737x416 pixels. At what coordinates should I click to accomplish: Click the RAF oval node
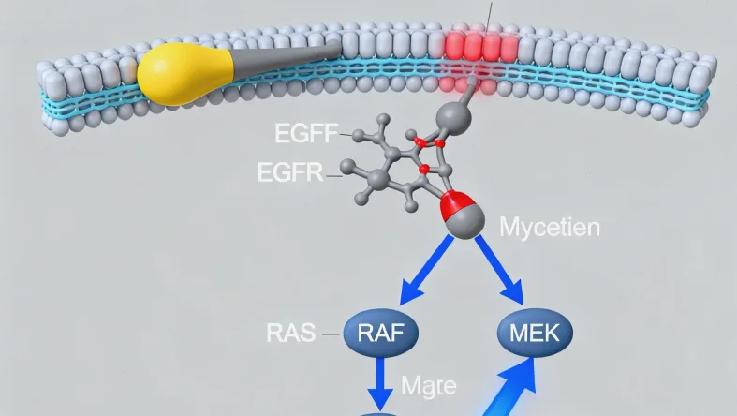[x=380, y=333]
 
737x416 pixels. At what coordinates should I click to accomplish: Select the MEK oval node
[x=534, y=333]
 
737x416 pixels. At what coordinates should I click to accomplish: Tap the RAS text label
[x=290, y=333]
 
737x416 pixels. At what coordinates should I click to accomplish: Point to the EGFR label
[x=289, y=172]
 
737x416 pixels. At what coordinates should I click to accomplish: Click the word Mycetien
[x=550, y=227]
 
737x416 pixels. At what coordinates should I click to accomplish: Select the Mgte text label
[x=428, y=385]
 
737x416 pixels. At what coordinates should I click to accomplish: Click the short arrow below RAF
[x=381, y=382]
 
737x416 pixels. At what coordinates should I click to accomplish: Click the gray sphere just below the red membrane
[x=454, y=117]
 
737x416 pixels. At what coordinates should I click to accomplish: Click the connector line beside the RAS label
[x=332, y=333]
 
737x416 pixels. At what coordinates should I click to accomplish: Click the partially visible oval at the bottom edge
[x=381, y=411]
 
